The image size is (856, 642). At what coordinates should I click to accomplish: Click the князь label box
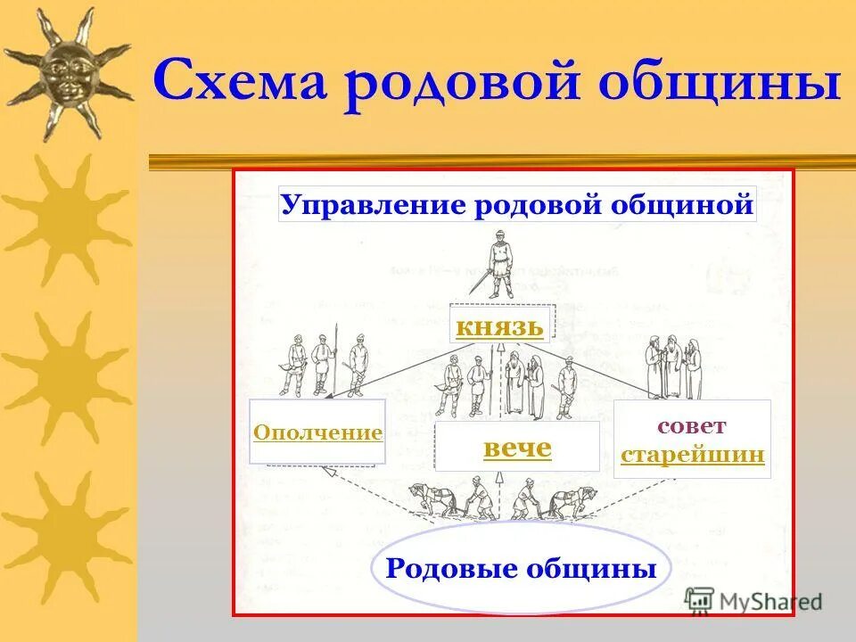coord(499,326)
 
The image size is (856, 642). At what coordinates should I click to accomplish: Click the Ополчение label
coord(317,433)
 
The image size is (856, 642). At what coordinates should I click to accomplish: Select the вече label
coord(517,449)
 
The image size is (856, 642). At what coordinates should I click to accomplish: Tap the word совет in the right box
coord(692,425)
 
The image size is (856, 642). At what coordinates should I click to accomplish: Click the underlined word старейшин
coord(692,455)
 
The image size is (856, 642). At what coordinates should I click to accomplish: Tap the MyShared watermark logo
coord(753,600)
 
